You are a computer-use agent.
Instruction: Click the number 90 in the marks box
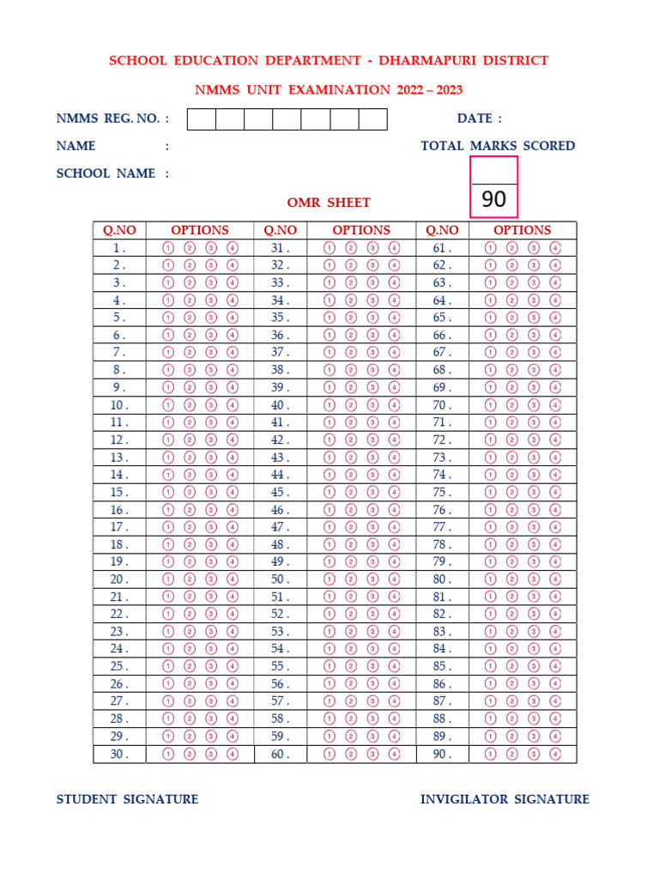click(x=493, y=200)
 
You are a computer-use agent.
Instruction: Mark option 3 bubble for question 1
click(x=211, y=247)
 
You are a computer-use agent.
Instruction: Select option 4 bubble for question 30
click(x=233, y=755)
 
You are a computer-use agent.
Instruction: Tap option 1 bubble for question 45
click(x=329, y=493)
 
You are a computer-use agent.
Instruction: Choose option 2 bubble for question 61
click(x=512, y=247)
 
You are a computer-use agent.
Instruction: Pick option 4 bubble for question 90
click(x=555, y=755)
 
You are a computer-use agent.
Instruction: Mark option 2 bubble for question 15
click(x=190, y=493)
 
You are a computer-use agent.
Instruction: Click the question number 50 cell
click(x=281, y=579)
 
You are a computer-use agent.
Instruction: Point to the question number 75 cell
click(x=441, y=493)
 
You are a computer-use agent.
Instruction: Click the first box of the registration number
click(x=202, y=119)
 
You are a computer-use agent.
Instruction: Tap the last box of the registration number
click(x=373, y=119)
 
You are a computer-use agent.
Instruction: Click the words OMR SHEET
click(x=329, y=203)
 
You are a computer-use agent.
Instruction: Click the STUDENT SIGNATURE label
click(x=127, y=799)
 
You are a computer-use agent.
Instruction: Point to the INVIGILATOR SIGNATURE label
click(x=505, y=799)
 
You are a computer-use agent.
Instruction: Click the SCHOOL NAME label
click(x=106, y=173)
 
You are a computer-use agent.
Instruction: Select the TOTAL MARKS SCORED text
click(x=498, y=146)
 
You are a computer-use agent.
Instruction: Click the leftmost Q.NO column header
click(x=119, y=230)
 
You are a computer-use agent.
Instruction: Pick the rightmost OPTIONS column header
click(x=522, y=230)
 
